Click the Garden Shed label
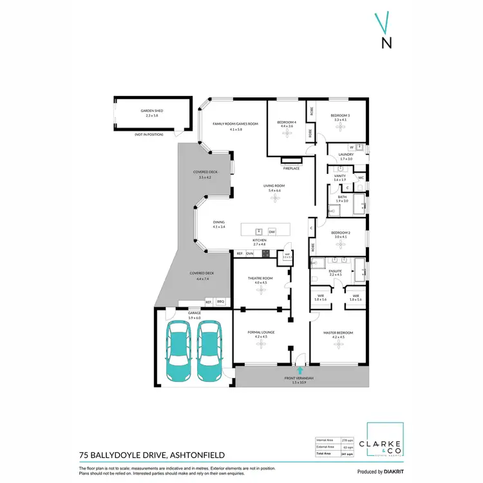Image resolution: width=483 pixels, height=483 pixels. pyautogui.click(x=152, y=111)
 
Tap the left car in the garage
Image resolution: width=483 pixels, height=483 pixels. pyautogui.click(x=178, y=351)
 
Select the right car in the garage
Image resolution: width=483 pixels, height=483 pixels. pyautogui.click(x=209, y=351)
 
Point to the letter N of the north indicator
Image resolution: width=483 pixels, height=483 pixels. pyautogui.click(x=386, y=44)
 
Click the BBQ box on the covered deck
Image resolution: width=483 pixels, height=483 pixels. pyautogui.click(x=220, y=301)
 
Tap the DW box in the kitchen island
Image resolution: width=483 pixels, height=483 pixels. pyautogui.click(x=272, y=231)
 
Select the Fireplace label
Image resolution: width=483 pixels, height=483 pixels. pyautogui.click(x=292, y=168)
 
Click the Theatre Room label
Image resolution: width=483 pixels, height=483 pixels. pyautogui.click(x=260, y=278)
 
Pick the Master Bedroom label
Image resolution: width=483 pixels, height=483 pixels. pyautogui.click(x=338, y=333)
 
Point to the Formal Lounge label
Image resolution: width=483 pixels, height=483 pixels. pyautogui.click(x=260, y=333)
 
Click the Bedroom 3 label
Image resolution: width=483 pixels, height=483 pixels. pyautogui.click(x=340, y=116)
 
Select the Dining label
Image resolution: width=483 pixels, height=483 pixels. pyautogui.click(x=219, y=222)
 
